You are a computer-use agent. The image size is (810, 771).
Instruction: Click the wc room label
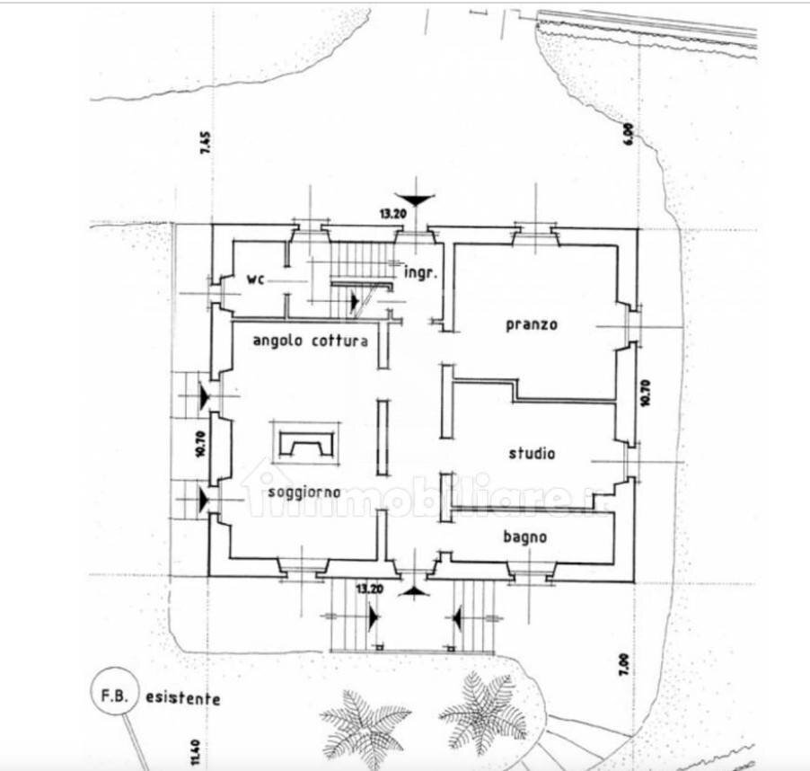coord(256,280)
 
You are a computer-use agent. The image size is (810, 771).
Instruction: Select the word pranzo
coord(532,324)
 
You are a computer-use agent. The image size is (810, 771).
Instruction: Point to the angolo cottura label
coord(310,341)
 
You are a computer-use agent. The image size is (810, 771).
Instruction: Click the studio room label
coord(532,454)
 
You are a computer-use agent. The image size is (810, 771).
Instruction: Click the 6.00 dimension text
coord(630,134)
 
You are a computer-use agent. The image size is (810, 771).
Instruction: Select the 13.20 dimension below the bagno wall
coord(372,589)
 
